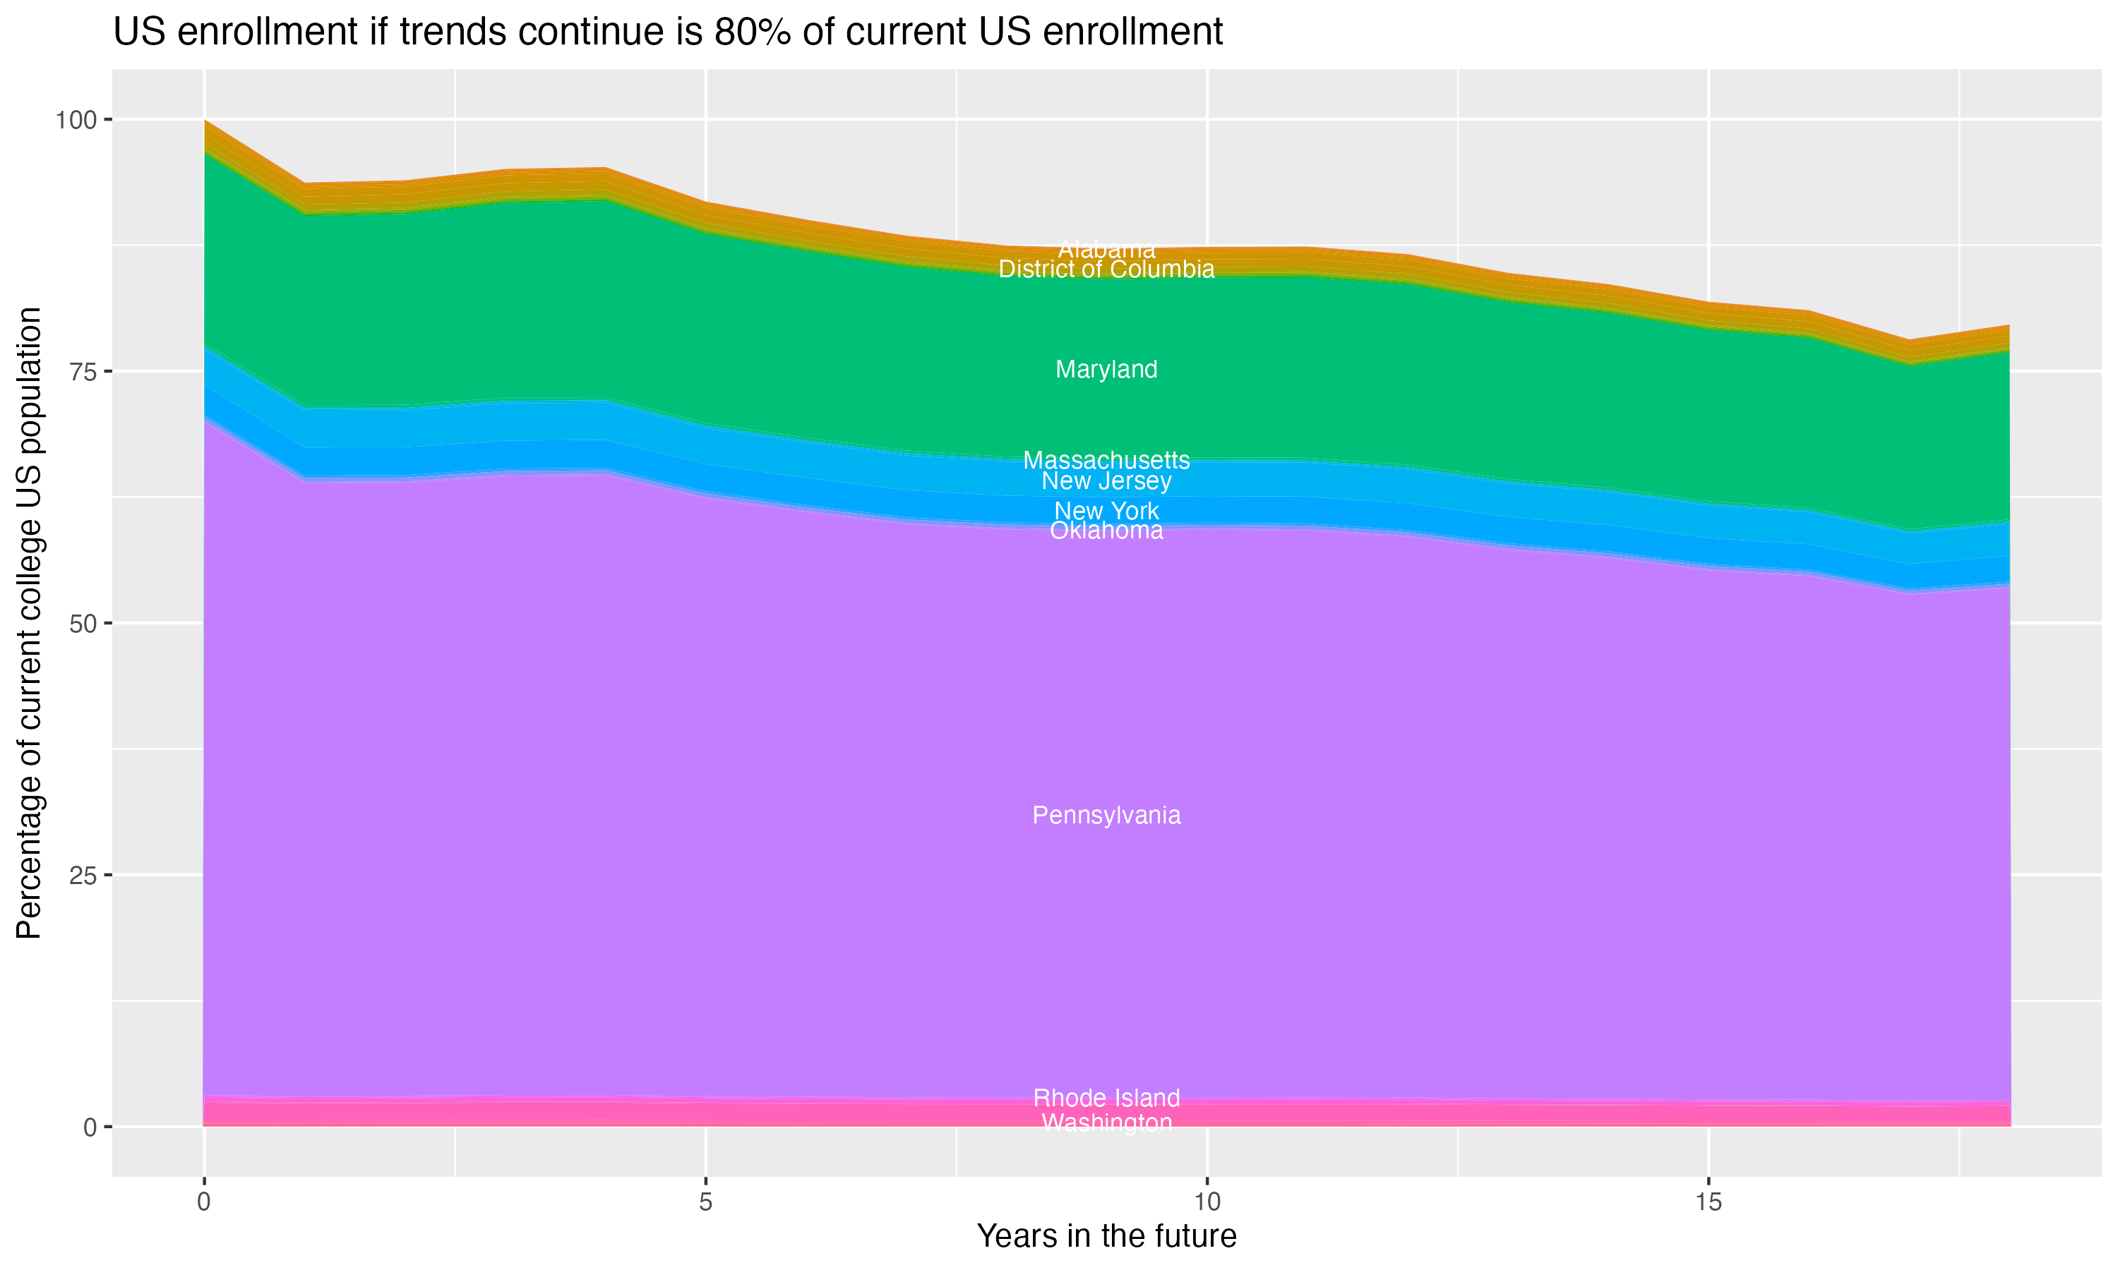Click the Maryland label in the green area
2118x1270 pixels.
point(1106,370)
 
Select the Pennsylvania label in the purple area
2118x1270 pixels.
point(1106,816)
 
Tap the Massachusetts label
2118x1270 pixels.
point(1106,461)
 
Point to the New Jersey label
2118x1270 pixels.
point(1106,481)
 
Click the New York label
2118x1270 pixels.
point(1106,511)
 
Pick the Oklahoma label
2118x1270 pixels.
point(1106,531)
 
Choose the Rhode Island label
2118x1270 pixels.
point(1106,1098)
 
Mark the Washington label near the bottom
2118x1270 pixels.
point(1106,1123)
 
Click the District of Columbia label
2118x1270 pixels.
point(1106,270)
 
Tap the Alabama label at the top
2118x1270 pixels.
point(1106,250)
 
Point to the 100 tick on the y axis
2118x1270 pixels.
point(76,120)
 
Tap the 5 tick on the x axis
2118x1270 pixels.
point(705,1202)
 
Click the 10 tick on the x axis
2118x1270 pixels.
point(1207,1202)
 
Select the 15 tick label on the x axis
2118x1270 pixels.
point(1708,1202)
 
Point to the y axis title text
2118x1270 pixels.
point(29,623)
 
